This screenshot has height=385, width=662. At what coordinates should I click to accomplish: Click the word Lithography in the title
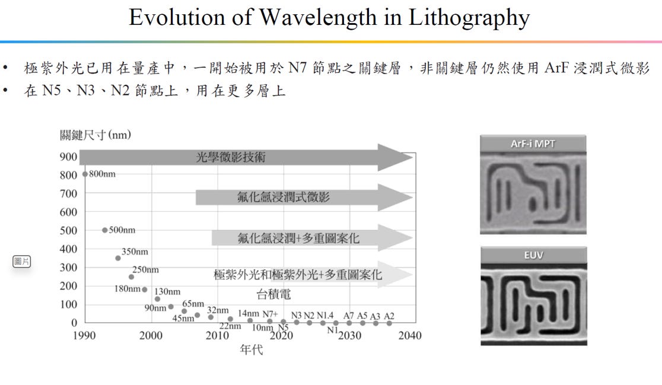(469, 18)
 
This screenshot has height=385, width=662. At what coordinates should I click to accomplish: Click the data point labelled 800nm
(85, 174)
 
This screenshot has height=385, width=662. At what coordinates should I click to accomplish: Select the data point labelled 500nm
(105, 230)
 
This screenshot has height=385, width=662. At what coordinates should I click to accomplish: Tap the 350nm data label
(135, 252)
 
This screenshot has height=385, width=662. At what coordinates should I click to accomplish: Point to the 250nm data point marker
(131, 277)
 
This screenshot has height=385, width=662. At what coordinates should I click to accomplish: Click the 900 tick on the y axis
(68, 157)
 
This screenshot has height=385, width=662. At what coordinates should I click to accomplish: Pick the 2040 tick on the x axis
(410, 336)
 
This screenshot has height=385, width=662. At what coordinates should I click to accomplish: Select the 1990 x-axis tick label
(84, 336)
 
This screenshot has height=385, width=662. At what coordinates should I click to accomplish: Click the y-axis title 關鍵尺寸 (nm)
(96, 135)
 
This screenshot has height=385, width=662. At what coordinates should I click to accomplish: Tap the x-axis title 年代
(251, 349)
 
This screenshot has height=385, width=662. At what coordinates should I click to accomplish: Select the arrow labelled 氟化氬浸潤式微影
(304, 197)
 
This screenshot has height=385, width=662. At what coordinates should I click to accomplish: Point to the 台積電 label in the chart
(273, 294)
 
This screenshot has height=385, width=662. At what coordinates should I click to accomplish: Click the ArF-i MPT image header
(533, 144)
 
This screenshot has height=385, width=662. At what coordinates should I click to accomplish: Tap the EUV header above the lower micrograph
(534, 255)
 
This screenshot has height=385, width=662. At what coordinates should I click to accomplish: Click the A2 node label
(389, 316)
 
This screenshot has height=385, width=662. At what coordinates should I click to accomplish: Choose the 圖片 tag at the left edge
(21, 261)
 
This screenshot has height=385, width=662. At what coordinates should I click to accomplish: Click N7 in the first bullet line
(297, 68)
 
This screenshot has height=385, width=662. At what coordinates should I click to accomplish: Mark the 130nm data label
(167, 292)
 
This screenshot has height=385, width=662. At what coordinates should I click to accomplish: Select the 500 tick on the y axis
(68, 231)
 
